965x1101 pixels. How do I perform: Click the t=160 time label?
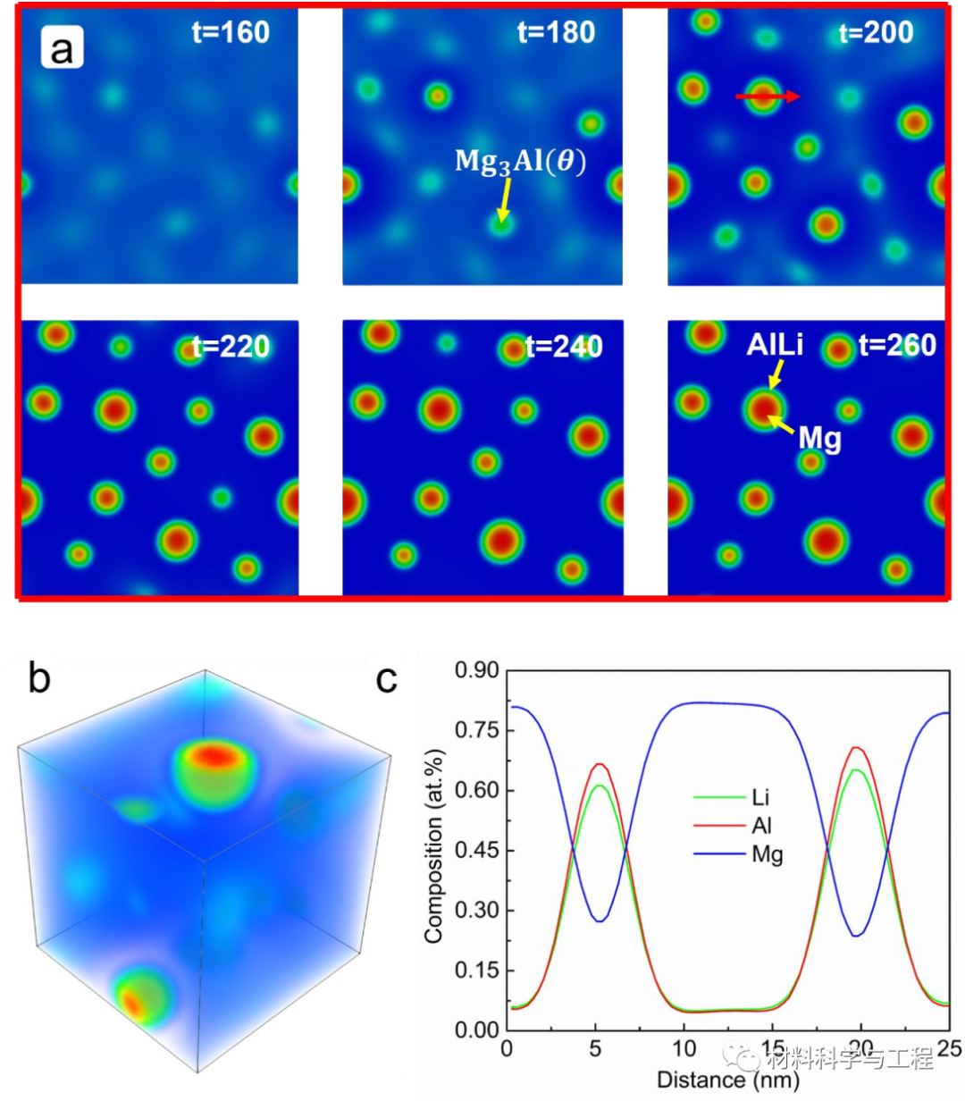[231, 33]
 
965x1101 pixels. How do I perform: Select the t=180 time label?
[556, 33]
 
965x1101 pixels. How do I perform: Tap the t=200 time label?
[876, 34]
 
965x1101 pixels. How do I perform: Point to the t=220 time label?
[231, 346]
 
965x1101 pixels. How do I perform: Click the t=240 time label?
[564, 346]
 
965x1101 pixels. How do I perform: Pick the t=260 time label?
[897, 345]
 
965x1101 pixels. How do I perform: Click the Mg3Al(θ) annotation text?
[520, 162]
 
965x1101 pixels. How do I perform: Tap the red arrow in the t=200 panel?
[768, 97]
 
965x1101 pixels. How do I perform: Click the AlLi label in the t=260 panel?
[774, 346]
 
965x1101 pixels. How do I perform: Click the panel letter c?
[386, 679]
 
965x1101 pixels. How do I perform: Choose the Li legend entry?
[759, 797]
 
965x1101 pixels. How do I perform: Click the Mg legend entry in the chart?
[767, 855]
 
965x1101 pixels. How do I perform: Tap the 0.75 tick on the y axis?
[474, 730]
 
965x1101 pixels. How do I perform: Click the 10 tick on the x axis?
[684, 1048]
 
